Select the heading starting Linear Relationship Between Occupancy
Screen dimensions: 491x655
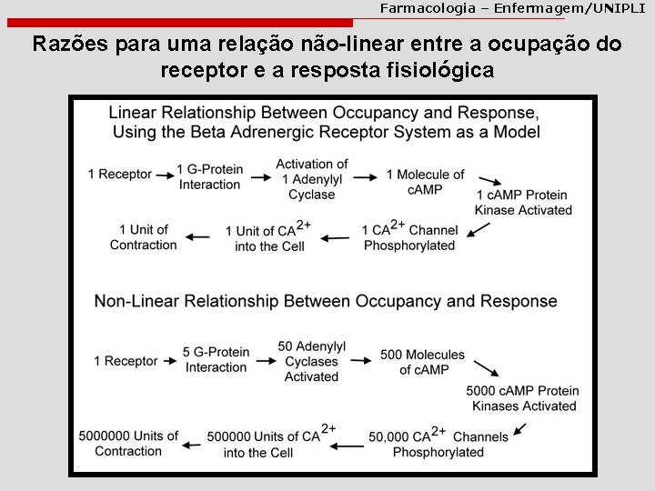(x=323, y=123)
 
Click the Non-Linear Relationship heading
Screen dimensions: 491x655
(x=326, y=301)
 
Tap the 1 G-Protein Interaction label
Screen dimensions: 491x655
(x=209, y=176)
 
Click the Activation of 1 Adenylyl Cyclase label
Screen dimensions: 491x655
(x=312, y=179)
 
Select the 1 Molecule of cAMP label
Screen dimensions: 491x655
(x=425, y=181)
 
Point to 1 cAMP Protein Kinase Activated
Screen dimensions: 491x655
(x=523, y=202)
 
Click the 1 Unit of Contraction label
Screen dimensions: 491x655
(x=144, y=237)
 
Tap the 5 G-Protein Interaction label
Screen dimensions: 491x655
(x=216, y=360)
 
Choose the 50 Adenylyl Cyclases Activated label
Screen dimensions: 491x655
(x=311, y=361)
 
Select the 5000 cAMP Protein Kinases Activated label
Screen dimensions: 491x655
(x=522, y=398)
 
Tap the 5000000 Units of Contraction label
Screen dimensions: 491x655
(x=128, y=444)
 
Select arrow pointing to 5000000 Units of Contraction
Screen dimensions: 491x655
(x=191, y=446)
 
